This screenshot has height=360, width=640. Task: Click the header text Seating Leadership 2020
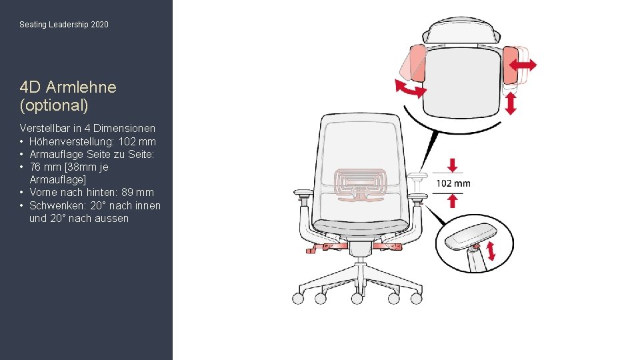click(64, 25)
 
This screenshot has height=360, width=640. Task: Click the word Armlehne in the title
click(81, 87)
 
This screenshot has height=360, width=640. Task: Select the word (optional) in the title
click(54, 105)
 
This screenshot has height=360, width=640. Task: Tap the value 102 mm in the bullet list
click(137, 141)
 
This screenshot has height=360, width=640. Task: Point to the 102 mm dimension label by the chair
click(453, 184)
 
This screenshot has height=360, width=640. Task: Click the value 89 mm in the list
click(137, 192)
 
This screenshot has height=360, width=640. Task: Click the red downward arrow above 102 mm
click(452, 165)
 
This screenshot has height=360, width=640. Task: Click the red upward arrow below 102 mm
click(452, 201)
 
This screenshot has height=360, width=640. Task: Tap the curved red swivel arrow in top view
click(410, 89)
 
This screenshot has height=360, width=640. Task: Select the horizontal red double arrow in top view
click(523, 65)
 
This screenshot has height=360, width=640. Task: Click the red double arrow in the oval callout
click(491, 251)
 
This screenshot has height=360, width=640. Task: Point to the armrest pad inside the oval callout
click(470, 236)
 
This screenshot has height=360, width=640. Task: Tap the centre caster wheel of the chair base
click(357, 299)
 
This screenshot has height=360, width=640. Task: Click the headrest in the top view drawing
click(461, 30)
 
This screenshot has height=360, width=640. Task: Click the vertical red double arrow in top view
click(511, 104)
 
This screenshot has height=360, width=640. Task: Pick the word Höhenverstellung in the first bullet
click(72, 141)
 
